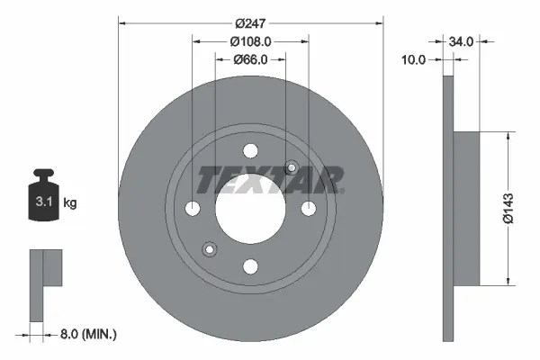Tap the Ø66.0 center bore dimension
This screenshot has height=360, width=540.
(x=251, y=60)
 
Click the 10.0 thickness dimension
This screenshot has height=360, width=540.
(x=415, y=60)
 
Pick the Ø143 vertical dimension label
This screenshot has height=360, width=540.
(x=509, y=208)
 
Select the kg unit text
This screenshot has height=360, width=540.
(x=70, y=203)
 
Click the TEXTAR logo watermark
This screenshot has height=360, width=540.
(x=270, y=179)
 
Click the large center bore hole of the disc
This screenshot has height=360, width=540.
(x=251, y=208)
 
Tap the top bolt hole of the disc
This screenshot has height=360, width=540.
(x=251, y=151)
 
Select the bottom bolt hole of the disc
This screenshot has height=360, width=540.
(x=251, y=265)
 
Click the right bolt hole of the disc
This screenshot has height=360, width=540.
(x=308, y=208)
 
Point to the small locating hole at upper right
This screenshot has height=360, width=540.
(x=291, y=167)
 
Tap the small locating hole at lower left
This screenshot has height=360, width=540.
(x=211, y=248)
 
